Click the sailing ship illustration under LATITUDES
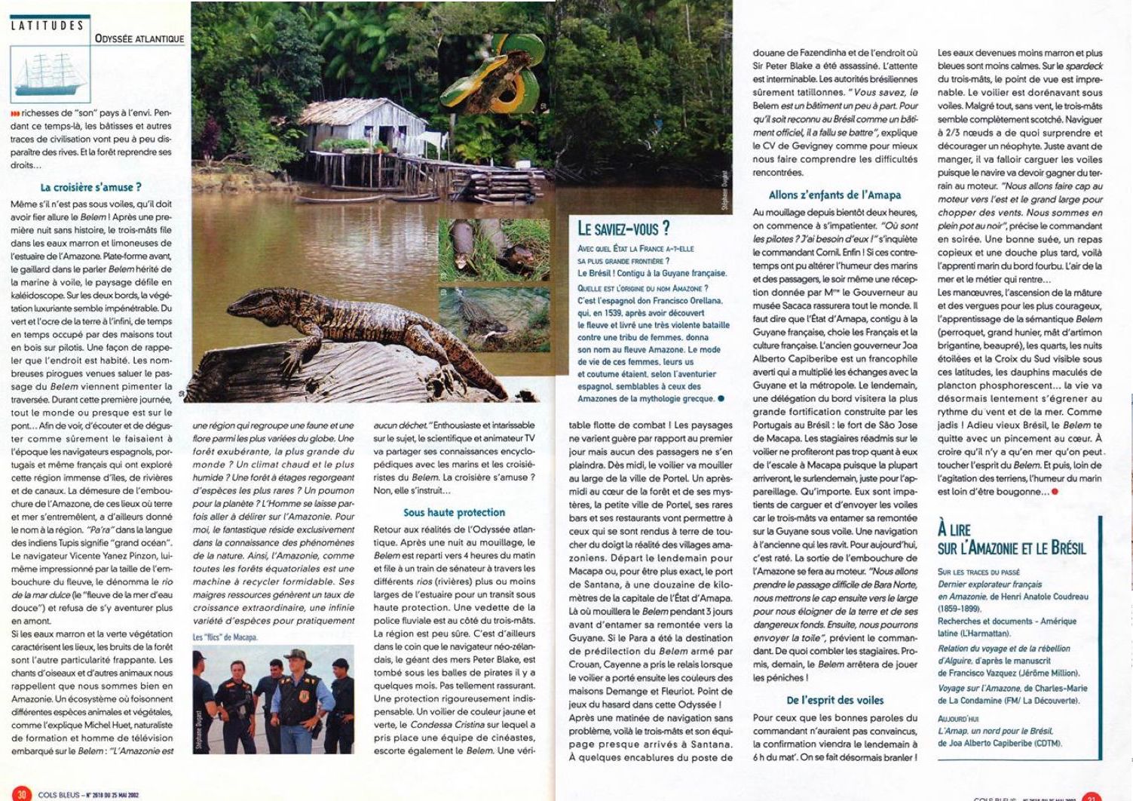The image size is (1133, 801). [x=50, y=74]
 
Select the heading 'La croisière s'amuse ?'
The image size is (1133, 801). [x=90, y=187]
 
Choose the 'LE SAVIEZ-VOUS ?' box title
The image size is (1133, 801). [x=623, y=229]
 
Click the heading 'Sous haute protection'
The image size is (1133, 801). [x=454, y=512]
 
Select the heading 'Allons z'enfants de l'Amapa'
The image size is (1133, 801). [x=834, y=195]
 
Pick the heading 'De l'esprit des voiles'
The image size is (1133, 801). [x=834, y=700]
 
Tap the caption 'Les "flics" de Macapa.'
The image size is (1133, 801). [x=225, y=637]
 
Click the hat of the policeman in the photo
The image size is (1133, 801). [x=297, y=655]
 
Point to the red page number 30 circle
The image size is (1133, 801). [x=22, y=793]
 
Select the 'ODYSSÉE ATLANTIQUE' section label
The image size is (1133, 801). [x=139, y=38]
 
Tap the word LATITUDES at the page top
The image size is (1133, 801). [x=47, y=25]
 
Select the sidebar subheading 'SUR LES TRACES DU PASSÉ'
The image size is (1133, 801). [x=978, y=572]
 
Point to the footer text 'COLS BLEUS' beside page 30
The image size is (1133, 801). [x=57, y=794]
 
